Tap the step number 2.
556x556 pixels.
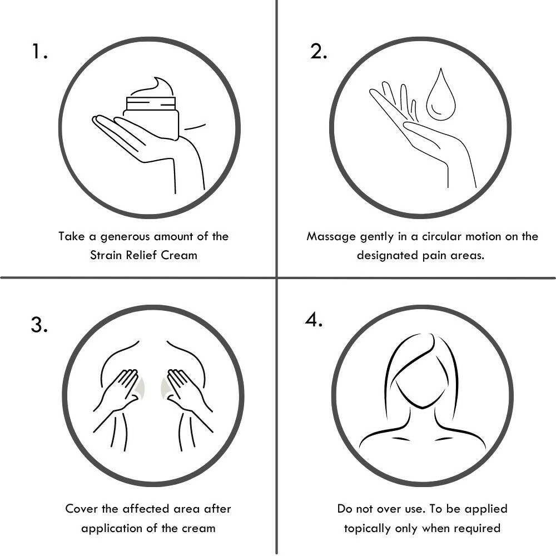tap(319, 51)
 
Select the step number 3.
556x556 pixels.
tap(39, 324)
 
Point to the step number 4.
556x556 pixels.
tap(314, 320)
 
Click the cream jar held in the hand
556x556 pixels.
tap(151, 117)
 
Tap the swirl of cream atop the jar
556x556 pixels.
tap(152, 87)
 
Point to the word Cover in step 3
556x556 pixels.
tap(81, 509)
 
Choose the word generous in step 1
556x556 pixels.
tap(124, 237)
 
